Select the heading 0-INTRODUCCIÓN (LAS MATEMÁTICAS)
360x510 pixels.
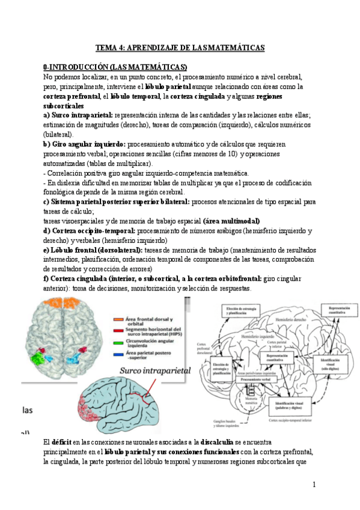[x=115, y=66]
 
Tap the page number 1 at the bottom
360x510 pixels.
[x=314, y=484]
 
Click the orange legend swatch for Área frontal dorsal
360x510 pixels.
[x=115, y=319]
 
